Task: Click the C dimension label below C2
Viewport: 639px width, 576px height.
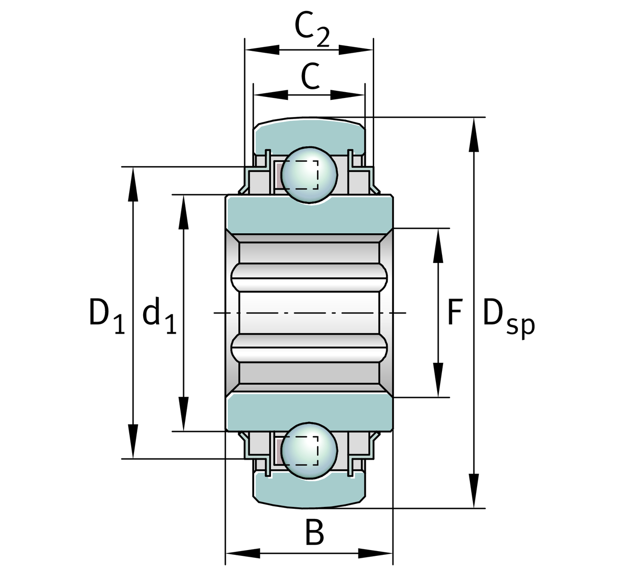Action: click(310, 76)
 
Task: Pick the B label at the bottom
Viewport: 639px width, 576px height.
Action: click(315, 533)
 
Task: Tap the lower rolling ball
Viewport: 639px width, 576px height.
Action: click(309, 450)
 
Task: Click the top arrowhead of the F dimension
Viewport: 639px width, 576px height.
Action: click(438, 245)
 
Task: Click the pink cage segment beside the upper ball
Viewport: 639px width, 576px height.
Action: click(278, 176)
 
